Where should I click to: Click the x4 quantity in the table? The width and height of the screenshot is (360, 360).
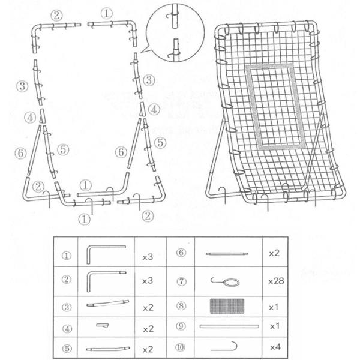275,347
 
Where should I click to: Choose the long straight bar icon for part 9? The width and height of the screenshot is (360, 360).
229,326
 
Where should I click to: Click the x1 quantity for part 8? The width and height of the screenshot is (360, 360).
275,305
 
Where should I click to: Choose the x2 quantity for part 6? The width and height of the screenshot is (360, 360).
275,254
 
